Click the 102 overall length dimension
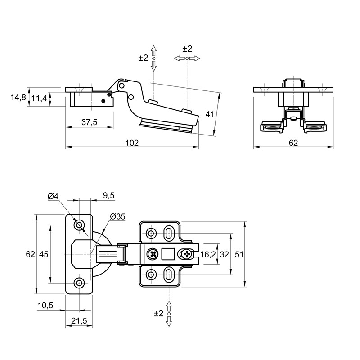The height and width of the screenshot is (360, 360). tap(132, 143)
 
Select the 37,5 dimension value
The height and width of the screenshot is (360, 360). tap(89, 122)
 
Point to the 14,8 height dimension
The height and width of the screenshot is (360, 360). tap(18, 97)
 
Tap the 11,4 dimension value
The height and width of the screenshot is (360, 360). tap(39, 98)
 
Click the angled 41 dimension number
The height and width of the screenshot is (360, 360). tap(210, 114)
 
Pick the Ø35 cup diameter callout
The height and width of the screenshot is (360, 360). tap(117, 216)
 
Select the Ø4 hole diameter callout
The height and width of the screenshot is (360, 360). tap(53, 196)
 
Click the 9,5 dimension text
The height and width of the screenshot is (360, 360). tap(108, 195)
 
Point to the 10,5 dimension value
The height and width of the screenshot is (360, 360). tap(45, 306)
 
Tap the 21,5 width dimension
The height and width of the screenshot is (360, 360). tap(79, 320)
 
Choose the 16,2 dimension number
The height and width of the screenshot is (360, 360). tap(208, 254)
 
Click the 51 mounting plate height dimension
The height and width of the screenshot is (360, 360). tap(239, 254)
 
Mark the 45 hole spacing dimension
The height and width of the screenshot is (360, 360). tap(44, 254)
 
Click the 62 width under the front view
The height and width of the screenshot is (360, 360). tap(293, 143)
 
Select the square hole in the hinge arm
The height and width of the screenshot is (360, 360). tap(168, 254)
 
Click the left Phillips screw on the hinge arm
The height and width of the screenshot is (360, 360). tap(153, 254)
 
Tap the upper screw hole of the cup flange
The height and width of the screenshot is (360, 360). tap(79, 225)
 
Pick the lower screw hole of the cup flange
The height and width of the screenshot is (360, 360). tap(79, 283)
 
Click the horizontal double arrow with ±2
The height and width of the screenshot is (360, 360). tap(187, 58)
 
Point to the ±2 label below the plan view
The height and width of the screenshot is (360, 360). tap(158, 313)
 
